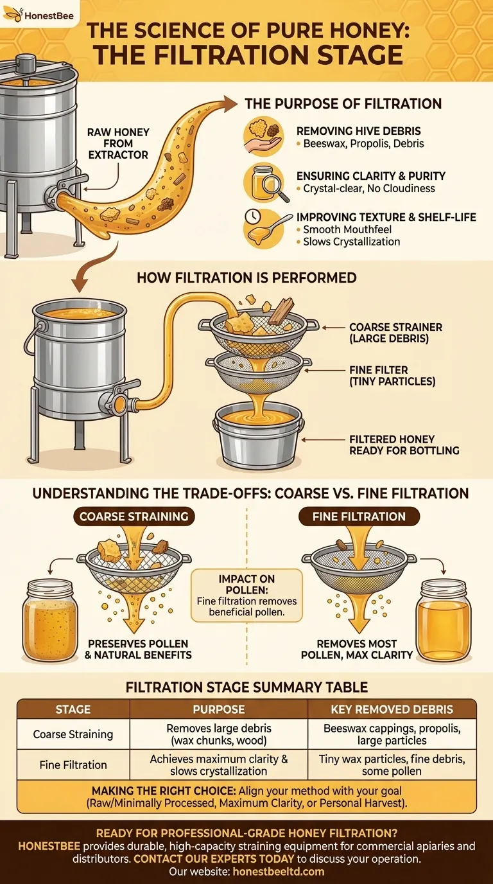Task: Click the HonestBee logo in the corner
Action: [39, 15]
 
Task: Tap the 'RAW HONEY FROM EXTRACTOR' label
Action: [118, 143]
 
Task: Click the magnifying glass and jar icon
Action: [263, 184]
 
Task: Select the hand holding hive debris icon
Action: [263, 136]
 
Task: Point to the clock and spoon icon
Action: [263, 229]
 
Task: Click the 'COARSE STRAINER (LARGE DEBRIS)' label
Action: [395, 333]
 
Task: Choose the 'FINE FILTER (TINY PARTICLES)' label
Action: [392, 376]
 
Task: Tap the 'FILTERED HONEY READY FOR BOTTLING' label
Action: [404, 445]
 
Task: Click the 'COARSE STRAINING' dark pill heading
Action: [134, 517]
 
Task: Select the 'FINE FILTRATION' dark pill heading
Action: [359, 517]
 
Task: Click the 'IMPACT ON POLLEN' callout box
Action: [246, 596]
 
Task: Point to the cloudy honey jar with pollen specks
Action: [50, 619]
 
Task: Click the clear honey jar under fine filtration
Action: [444, 620]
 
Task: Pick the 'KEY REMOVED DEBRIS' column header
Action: [392, 709]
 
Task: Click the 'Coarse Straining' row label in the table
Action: [73, 734]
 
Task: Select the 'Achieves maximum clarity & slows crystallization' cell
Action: [219, 765]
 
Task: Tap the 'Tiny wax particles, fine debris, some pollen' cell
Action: [392, 765]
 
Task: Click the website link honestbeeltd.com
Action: [279, 871]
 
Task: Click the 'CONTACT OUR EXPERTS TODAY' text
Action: [214, 859]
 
